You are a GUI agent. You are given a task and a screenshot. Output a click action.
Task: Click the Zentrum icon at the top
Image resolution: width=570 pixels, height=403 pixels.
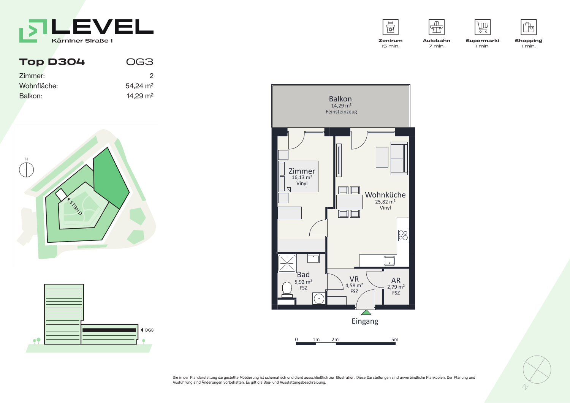point(390,27)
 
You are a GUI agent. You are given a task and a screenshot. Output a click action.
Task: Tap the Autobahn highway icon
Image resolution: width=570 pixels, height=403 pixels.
point(436,27)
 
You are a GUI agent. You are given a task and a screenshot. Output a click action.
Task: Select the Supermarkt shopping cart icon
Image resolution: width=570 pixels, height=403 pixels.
point(483,27)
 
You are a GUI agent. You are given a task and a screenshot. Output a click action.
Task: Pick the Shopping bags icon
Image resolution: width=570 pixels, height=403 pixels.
point(529,27)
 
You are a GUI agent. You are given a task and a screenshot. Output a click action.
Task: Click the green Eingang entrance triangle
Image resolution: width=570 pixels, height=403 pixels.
point(366,312)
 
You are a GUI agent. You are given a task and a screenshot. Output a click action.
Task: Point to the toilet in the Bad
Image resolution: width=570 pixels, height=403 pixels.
point(287,289)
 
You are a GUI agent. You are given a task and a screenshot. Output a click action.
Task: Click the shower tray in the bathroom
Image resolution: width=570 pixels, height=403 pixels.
point(287,263)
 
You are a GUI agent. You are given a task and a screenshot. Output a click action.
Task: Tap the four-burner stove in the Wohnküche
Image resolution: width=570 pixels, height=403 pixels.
point(403,235)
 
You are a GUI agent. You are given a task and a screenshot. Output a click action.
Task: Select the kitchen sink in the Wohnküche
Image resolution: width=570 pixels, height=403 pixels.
point(389,261)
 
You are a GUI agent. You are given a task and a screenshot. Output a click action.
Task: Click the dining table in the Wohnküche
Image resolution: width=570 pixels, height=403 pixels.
point(349,202)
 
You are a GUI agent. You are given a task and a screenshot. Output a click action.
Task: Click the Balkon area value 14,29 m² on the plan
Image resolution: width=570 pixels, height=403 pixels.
point(341,106)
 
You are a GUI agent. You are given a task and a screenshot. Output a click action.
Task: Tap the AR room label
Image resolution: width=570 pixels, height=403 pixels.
point(396,280)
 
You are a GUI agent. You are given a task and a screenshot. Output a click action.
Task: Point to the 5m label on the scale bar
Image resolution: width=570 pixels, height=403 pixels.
point(395,340)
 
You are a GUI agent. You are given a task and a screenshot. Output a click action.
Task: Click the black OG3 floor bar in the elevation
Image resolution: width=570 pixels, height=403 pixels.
point(109,330)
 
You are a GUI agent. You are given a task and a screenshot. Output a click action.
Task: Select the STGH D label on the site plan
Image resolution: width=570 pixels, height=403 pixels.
point(76,208)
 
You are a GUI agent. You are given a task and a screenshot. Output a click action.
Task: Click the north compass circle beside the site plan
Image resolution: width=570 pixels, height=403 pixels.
point(27,170)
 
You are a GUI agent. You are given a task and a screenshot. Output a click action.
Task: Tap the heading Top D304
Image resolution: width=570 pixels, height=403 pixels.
point(52,62)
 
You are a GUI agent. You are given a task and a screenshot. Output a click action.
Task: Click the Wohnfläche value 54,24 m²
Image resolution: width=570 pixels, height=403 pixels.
point(139,86)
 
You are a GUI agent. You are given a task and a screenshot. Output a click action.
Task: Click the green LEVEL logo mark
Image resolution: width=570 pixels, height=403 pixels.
point(33,31)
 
